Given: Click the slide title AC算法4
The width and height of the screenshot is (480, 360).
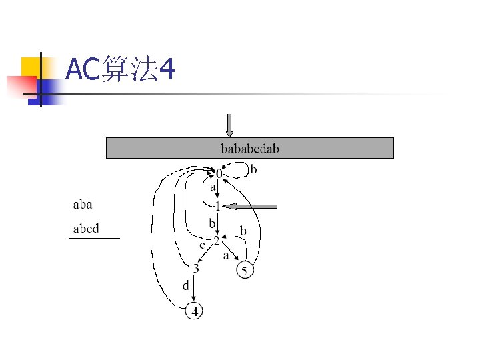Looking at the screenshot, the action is tap(121, 69).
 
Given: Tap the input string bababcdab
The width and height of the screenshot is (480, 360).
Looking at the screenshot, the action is tap(250, 148).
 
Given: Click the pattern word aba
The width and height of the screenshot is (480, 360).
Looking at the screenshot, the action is tap(83, 204).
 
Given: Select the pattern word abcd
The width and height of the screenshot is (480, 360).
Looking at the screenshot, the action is tap(86, 229).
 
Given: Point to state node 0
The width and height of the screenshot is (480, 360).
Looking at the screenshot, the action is tap(219, 174).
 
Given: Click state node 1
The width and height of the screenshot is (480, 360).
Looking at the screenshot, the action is tap(217, 206).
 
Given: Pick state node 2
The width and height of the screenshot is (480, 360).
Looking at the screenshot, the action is tap(216, 241).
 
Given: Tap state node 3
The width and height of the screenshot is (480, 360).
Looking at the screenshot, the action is tap(195, 269).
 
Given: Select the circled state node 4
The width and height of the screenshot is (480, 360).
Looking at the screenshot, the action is tap(195, 311).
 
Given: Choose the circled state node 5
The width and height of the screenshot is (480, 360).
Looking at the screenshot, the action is tap(245, 270).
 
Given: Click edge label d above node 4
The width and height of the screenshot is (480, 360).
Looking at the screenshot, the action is tap(186, 285).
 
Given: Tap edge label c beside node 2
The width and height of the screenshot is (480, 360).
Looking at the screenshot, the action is tap(203, 245).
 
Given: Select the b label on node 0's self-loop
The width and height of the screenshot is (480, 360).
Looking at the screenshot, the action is tap(253, 170).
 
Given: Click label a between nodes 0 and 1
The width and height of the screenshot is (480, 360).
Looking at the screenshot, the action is tap(213, 188).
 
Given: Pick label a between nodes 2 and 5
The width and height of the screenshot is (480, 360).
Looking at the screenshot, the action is tap(226, 255).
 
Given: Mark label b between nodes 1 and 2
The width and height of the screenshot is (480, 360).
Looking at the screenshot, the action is tap(212, 223).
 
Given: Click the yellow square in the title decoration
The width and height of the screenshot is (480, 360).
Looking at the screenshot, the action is tap(31, 67).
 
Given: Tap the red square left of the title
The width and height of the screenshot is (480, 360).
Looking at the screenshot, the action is tap(20, 86).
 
